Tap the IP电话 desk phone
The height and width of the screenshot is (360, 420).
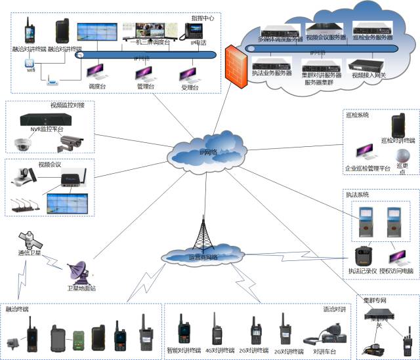[x=194, y=31]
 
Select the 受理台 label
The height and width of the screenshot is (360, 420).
[x=190, y=86]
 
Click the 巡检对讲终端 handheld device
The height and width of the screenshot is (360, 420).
[x=398, y=127]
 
